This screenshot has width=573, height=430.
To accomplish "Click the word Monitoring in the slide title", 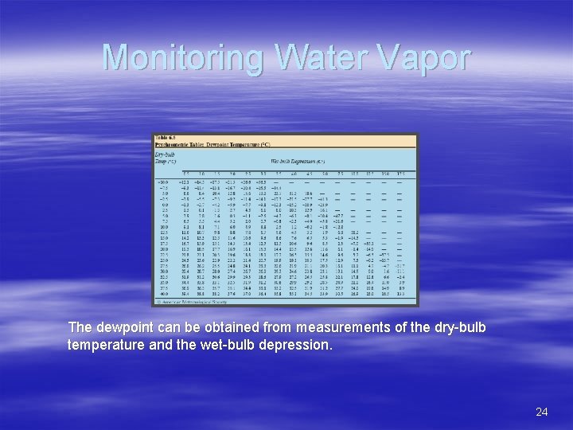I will (x=166, y=57).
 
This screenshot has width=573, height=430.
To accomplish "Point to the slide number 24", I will (x=542, y=412).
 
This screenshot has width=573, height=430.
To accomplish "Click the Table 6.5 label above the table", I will (x=165, y=137).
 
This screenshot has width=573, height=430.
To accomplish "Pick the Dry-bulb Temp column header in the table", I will (x=164, y=158).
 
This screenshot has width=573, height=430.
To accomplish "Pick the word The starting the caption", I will (x=80, y=328).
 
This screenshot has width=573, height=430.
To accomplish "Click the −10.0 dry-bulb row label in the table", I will (x=162, y=181).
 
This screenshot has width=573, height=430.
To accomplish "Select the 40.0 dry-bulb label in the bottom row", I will (x=163, y=293).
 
